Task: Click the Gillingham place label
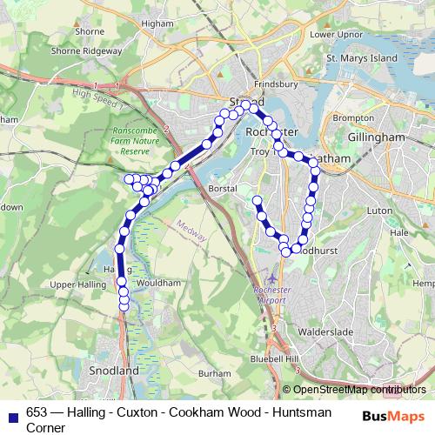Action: pyautogui.click(x=375, y=138)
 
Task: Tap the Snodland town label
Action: pyautogui.click(x=114, y=370)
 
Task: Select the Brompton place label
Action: pyautogui.click(x=352, y=117)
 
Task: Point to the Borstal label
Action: pyautogui.click(x=224, y=188)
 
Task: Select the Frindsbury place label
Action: pyautogui.click(x=278, y=84)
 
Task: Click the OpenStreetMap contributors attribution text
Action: pyautogui.click(x=359, y=390)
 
